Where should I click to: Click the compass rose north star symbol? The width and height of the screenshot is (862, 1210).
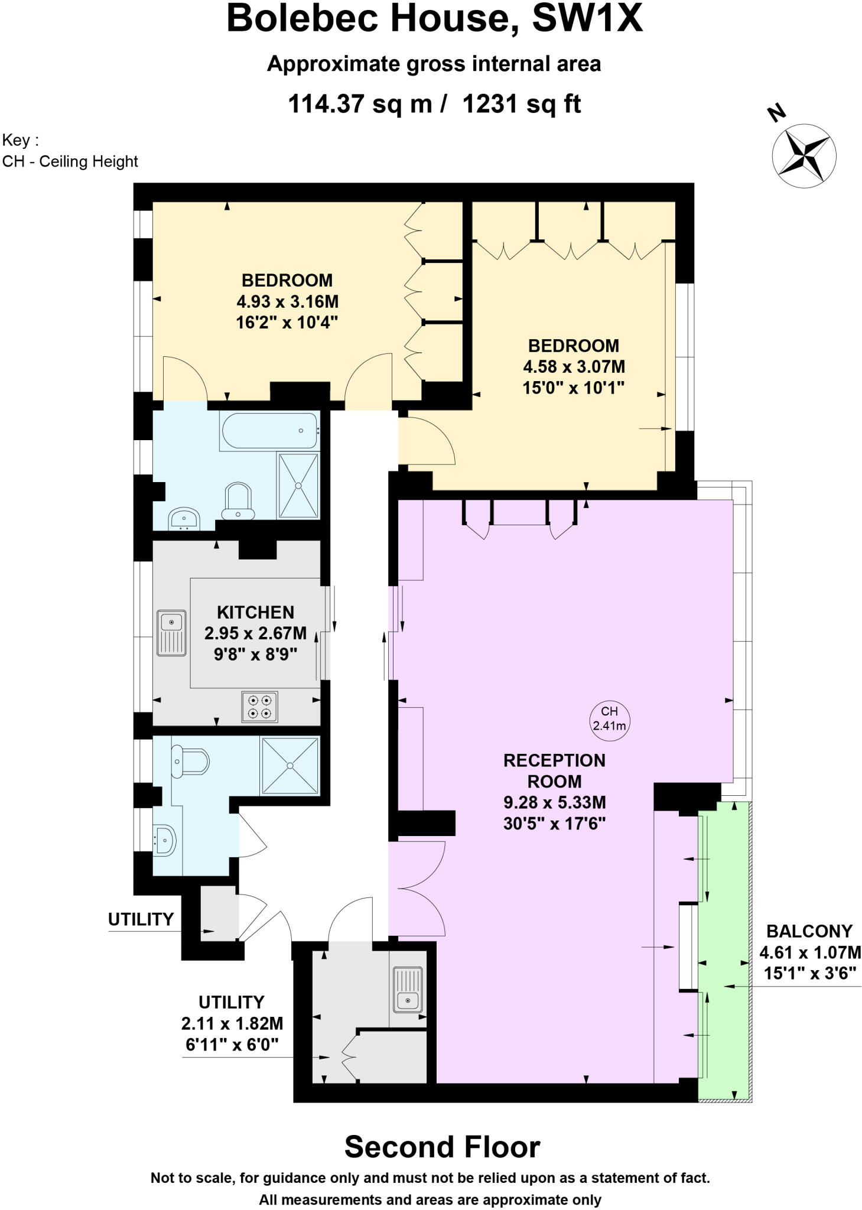click(x=804, y=155)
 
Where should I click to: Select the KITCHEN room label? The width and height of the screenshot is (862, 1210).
click(x=255, y=612)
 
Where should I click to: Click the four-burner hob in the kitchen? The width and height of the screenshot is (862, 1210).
click(x=260, y=707)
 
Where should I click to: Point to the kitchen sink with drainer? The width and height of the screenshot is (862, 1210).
click(x=171, y=633)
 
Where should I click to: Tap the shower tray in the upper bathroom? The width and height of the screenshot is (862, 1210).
click(x=298, y=486)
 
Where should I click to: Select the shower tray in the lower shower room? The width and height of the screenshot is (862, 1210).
click(x=290, y=766)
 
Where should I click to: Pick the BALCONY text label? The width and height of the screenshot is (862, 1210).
click(x=809, y=931)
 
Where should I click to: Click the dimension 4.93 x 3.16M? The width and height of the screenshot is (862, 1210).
click(x=287, y=301)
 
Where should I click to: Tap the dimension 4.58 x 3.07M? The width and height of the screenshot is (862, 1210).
click(x=573, y=367)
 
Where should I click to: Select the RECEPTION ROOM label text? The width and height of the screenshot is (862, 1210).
click(x=554, y=770)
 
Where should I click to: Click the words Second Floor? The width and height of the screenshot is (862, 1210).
click(x=442, y=1147)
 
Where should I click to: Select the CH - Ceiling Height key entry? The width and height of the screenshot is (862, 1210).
click(x=70, y=161)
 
